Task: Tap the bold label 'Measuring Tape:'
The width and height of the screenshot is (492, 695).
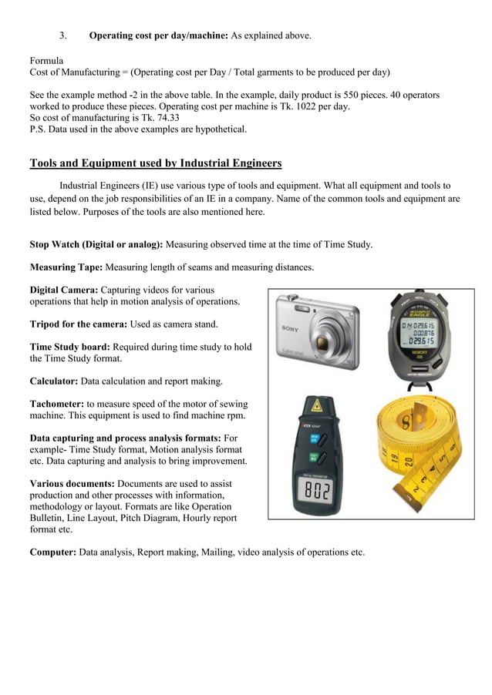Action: pos(66,267)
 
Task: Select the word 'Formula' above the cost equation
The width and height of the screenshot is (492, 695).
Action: pos(46,60)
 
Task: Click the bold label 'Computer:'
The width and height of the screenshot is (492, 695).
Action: pos(52,552)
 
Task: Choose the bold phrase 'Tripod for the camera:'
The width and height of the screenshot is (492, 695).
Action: pos(78,324)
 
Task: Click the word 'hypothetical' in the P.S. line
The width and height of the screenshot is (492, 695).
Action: pos(220,129)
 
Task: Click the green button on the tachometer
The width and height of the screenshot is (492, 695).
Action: pos(314,458)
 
